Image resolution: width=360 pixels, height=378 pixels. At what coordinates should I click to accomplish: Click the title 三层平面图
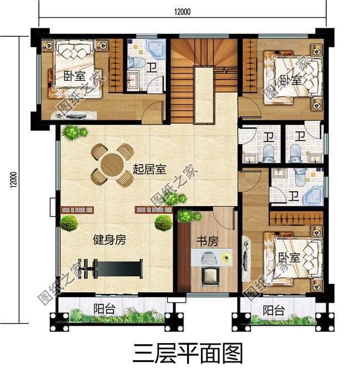[x=188, y=353]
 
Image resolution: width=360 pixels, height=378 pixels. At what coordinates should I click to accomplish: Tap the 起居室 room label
[x=150, y=169]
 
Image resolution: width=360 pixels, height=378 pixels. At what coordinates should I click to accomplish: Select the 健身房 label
[x=109, y=240]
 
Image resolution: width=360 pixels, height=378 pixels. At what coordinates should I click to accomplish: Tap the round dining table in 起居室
[x=112, y=165]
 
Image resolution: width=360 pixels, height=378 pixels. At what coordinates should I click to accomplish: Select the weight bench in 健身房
[x=111, y=269]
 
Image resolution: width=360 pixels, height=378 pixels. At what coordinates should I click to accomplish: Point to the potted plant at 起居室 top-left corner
[x=73, y=133]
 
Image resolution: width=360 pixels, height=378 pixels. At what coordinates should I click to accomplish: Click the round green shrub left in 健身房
[x=69, y=224]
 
